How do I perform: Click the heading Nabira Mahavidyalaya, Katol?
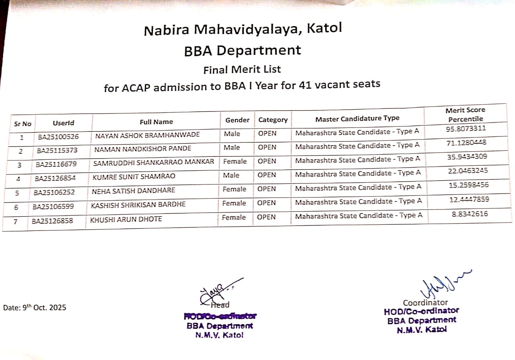[243, 30]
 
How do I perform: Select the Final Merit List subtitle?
[242, 70]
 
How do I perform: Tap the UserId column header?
[64, 123]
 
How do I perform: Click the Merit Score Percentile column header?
[466, 114]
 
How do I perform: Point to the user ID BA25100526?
[58, 137]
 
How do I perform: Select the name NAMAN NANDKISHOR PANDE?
[143, 149]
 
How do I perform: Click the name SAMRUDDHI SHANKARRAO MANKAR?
[154, 163]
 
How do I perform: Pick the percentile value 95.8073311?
[466, 129]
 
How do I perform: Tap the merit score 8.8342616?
[470, 214]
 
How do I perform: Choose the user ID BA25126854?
[55, 178]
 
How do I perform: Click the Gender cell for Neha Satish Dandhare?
[234, 189]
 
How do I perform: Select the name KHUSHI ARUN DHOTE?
[126, 219]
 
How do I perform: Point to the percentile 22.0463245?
[468, 171]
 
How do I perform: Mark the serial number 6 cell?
[16, 207]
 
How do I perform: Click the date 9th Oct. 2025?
[35, 308]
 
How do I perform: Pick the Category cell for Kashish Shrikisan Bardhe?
[267, 203]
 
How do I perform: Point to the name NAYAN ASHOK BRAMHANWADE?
[147, 135]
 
